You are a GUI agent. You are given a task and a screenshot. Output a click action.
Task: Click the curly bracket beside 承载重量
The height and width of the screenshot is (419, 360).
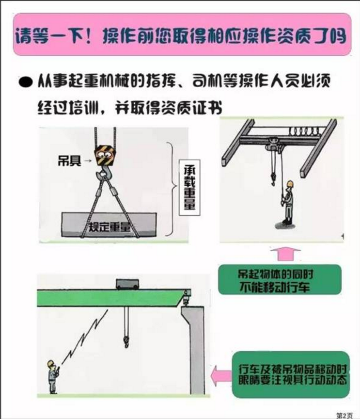[x=170, y=189]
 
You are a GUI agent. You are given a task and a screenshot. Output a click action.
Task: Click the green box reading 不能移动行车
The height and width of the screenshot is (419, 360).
[x=275, y=280]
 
